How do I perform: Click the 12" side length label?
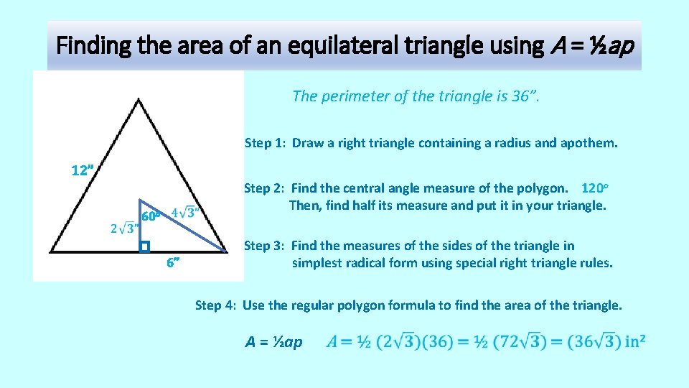tap(83, 171)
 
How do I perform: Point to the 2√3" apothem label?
tap(124, 228)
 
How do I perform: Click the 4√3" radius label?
tap(186, 213)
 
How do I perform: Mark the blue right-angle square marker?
tap(144, 247)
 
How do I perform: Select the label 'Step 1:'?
tap(266, 143)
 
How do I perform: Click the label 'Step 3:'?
tap(265, 246)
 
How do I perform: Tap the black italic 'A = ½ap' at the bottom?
tap(274, 342)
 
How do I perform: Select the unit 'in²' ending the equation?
tap(633, 341)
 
